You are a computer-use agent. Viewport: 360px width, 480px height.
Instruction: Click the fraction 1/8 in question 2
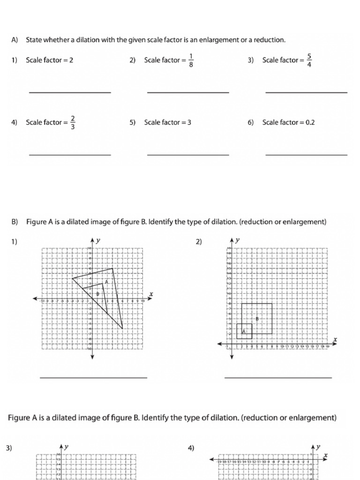click(191, 60)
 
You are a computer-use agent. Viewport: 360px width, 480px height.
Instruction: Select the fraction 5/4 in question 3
click(309, 60)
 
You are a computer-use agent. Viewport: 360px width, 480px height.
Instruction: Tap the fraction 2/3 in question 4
click(73, 122)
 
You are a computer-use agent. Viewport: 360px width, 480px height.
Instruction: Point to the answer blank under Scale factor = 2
click(70, 92)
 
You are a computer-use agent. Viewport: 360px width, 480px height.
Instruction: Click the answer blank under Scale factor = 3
click(188, 154)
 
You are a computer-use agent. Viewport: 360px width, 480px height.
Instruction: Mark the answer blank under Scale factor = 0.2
click(306, 154)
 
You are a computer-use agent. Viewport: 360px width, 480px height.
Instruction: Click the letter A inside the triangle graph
click(107, 282)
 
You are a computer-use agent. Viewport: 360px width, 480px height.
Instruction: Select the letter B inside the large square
click(257, 319)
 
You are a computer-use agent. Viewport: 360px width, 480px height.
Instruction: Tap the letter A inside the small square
click(243, 331)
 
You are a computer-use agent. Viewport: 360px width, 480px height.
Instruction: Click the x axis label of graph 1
click(151, 294)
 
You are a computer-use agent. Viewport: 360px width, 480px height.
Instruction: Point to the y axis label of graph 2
click(238, 240)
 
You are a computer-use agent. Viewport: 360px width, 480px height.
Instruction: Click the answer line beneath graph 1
click(93, 377)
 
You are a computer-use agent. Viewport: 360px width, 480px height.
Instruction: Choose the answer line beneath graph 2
click(278, 377)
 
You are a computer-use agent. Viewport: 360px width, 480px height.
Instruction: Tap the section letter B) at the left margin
click(15, 222)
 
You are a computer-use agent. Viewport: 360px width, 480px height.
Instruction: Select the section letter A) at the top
click(15, 40)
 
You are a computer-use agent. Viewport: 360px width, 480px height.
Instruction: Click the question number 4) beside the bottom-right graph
click(191, 448)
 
